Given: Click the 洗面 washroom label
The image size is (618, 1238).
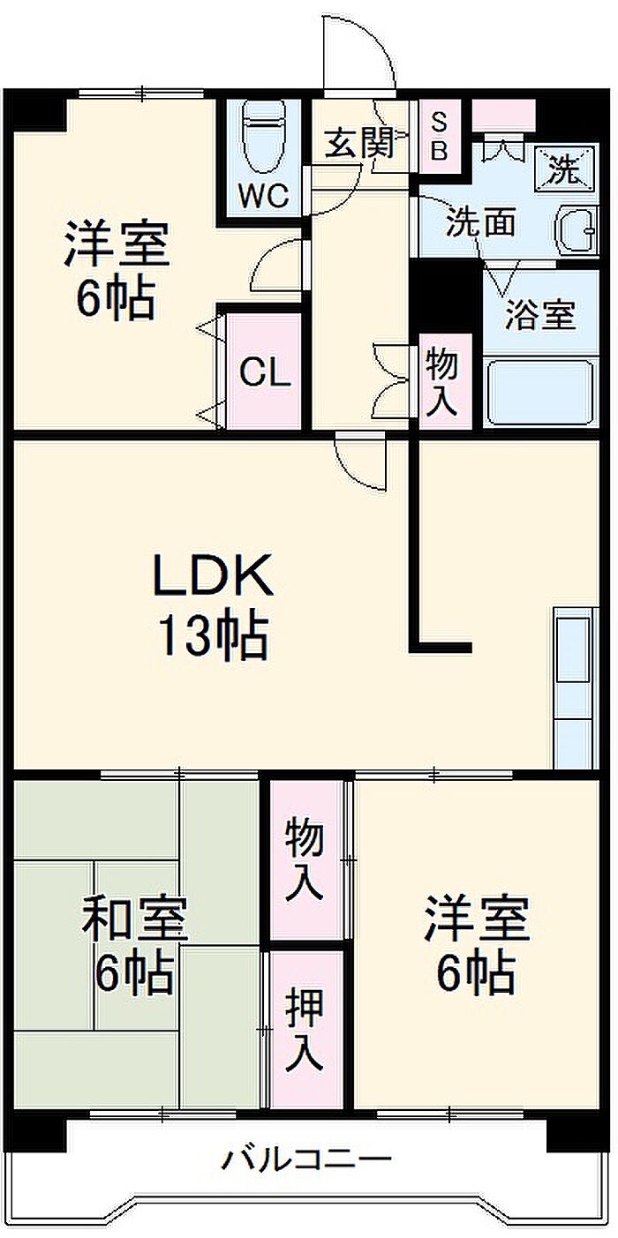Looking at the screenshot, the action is point(479,222).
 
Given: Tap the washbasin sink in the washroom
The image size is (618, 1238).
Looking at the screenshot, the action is point(576,232).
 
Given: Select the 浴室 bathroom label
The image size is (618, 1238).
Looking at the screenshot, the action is point(540,315).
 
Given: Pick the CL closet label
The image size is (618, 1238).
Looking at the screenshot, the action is point(265,374).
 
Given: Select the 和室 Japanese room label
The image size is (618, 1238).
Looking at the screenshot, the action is point(134,919).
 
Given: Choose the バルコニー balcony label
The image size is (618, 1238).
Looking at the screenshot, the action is point(305,1158).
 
